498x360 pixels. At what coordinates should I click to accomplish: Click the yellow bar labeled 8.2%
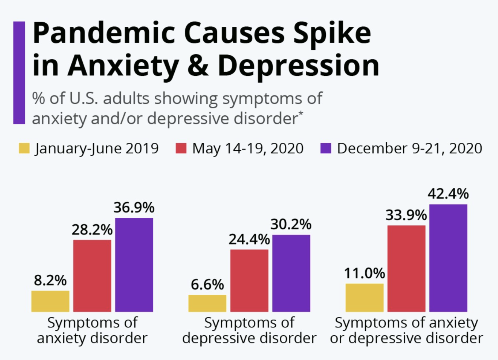coord(50,301)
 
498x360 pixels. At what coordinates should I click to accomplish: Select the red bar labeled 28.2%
coord(92,276)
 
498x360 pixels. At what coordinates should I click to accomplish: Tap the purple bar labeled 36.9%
coord(134,265)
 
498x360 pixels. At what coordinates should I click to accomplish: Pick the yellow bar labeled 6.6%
coord(207,303)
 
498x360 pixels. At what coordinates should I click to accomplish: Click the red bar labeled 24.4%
coord(249,281)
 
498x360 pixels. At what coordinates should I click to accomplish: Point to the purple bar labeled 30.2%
coord(291,273)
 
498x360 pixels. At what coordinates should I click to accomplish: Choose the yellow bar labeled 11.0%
coord(365,297)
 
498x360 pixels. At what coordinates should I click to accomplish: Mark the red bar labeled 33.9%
coord(407,269)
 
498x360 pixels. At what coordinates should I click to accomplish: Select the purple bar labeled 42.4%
coord(448,258)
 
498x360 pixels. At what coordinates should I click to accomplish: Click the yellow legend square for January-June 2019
coord(24,148)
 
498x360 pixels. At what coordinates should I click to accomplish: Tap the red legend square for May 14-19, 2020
coord(181,148)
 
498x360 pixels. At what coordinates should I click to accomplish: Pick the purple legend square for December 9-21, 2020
coord(325,148)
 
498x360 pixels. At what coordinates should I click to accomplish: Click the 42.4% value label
coord(448,194)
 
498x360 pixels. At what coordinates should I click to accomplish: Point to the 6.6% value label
coord(207,285)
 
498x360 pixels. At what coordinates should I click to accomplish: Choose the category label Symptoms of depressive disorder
coord(249,330)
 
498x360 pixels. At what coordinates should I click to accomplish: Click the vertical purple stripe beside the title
coord(19,72)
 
